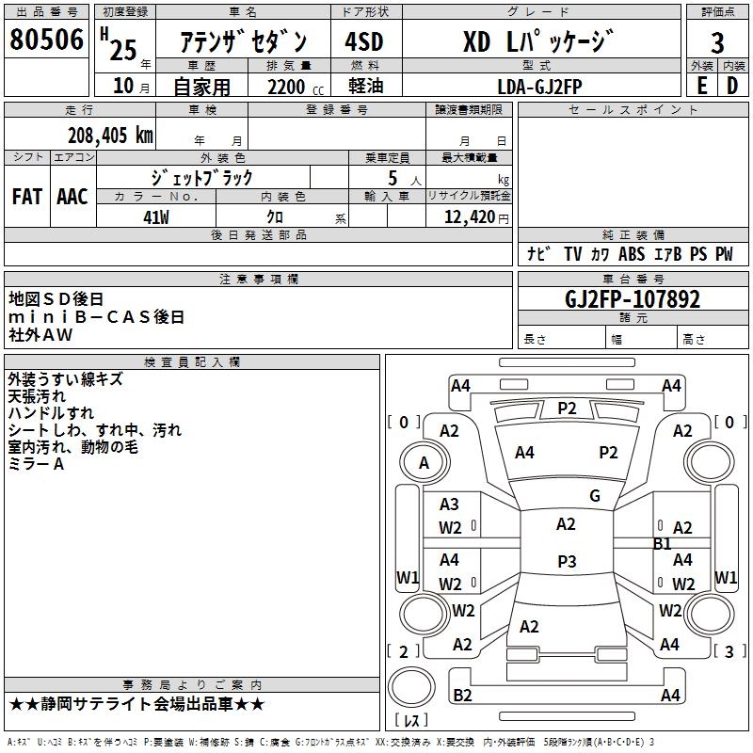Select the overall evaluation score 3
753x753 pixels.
click(x=717, y=43)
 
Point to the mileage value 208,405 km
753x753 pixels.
click(x=110, y=135)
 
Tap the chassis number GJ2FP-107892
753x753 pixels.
click(x=633, y=299)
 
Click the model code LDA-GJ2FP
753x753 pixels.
click(x=539, y=85)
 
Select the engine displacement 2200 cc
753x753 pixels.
click(x=286, y=86)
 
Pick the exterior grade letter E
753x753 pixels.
click(x=701, y=85)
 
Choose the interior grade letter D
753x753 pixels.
click(x=732, y=85)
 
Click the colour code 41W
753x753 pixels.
click(x=156, y=217)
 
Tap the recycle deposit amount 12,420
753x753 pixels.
click(x=468, y=217)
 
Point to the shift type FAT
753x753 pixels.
click(x=27, y=196)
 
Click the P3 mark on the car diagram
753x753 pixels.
click(x=567, y=562)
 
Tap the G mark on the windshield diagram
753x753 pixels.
click(x=594, y=495)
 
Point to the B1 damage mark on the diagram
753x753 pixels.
click(x=663, y=543)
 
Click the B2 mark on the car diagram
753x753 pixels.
click(x=462, y=696)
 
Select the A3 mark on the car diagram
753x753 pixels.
click(x=450, y=505)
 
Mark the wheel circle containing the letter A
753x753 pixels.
click(x=424, y=463)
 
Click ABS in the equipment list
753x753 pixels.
click(x=632, y=254)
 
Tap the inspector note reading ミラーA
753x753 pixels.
click(x=36, y=464)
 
